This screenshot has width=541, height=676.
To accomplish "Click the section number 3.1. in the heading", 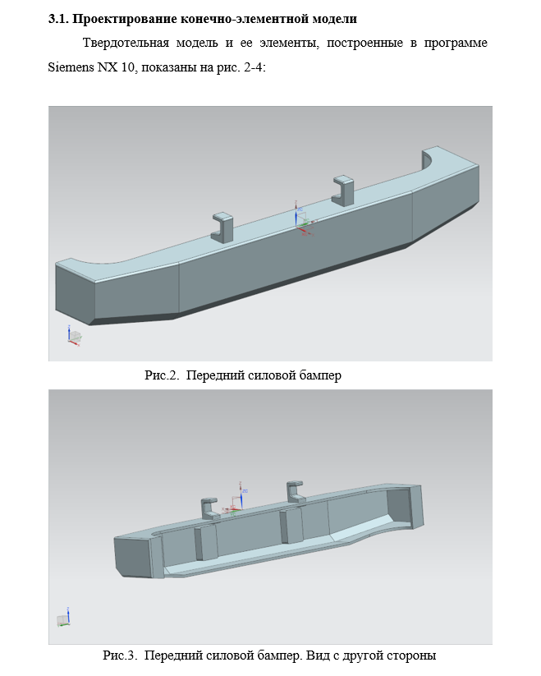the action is [58, 19].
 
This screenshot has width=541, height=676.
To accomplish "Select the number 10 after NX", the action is [127, 67].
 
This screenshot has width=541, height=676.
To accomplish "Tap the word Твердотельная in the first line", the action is [126, 43].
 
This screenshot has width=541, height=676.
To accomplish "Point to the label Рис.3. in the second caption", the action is [120, 655].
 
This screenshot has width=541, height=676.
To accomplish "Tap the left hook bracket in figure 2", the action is [222, 228].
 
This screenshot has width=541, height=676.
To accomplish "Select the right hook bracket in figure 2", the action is [343, 191].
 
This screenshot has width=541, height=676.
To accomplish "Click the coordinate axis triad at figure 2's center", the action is [302, 220].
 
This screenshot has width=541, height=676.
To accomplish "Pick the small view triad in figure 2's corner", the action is [74, 336].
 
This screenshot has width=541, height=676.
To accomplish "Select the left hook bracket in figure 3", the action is [211, 508].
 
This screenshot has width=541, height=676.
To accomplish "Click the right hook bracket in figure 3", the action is [296, 492].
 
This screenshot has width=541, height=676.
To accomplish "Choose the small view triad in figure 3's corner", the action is [64, 618].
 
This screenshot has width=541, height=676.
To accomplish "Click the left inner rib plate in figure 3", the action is [205, 543].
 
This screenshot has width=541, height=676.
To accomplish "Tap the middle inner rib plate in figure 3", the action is [291, 526].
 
